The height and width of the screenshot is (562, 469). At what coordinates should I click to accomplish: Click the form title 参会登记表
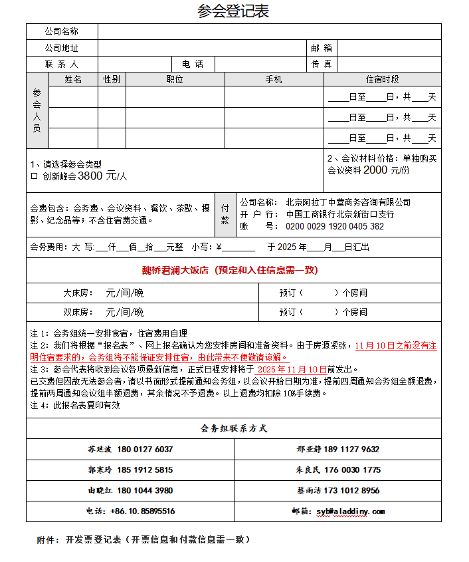coord(233,11)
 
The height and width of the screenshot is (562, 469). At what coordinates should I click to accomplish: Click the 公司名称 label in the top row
coord(62,31)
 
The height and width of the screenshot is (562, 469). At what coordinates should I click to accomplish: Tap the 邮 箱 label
coord(322,48)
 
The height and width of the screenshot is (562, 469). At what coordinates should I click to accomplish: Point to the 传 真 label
coord(322,65)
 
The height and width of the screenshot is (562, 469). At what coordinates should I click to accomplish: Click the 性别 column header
coord(112,80)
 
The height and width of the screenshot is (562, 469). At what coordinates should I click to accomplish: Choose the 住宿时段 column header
coord(382,80)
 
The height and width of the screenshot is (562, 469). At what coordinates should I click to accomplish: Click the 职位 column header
coord(175,80)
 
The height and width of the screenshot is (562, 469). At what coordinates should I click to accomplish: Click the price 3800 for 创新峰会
coord(92,176)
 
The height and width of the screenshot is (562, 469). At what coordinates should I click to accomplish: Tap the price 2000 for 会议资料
coord(375,170)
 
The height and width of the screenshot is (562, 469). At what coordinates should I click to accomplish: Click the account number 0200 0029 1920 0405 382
coord(335,226)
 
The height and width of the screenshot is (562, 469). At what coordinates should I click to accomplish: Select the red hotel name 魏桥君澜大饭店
coord(175,270)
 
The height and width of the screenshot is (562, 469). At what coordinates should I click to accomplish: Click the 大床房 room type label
coord(77,293)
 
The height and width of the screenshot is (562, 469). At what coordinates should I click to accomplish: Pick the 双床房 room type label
coord(77,312)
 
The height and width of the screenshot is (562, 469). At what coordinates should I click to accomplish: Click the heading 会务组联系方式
coord(234,428)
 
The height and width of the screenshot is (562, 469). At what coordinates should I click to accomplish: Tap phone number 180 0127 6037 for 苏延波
coord(145,449)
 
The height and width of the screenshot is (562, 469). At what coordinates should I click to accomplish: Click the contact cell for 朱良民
coord(338,470)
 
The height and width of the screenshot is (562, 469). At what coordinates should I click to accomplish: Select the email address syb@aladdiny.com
coord(350,511)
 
